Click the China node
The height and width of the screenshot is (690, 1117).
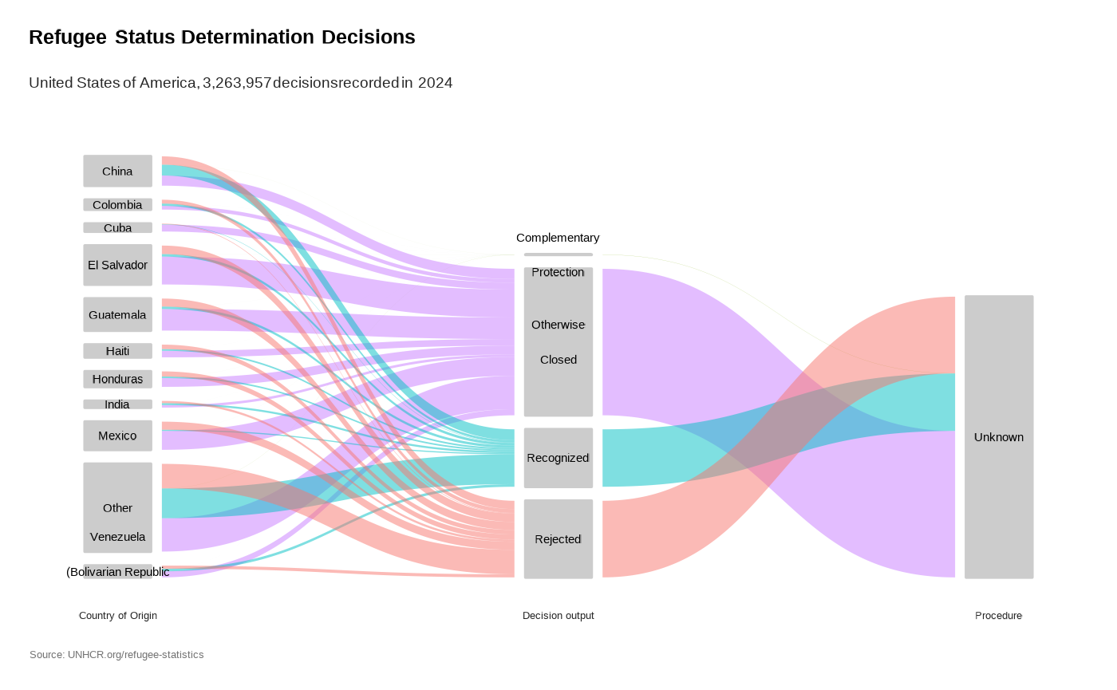(x=117, y=171)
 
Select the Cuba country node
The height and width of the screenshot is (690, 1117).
(x=117, y=227)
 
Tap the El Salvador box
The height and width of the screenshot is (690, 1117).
(x=117, y=265)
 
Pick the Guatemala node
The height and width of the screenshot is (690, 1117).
(x=117, y=314)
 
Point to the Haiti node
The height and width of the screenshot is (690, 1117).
(x=117, y=351)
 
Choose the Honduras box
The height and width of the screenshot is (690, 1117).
(x=117, y=379)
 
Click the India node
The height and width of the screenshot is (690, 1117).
(x=117, y=404)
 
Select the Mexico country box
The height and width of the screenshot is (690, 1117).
(x=117, y=436)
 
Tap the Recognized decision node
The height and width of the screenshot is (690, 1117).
(x=558, y=458)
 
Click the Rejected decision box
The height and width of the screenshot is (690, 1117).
(x=558, y=539)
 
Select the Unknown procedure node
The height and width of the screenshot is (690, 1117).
(x=999, y=437)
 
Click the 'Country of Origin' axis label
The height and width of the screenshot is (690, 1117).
(x=118, y=616)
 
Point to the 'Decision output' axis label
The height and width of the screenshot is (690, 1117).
(x=558, y=616)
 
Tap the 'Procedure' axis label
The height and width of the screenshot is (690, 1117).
(x=998, y=616)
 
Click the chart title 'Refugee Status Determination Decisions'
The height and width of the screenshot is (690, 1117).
(x=222, y=37)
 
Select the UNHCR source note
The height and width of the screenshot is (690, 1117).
(x=116, y=655)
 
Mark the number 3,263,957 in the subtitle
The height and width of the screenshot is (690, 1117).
(x=237, y=83)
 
